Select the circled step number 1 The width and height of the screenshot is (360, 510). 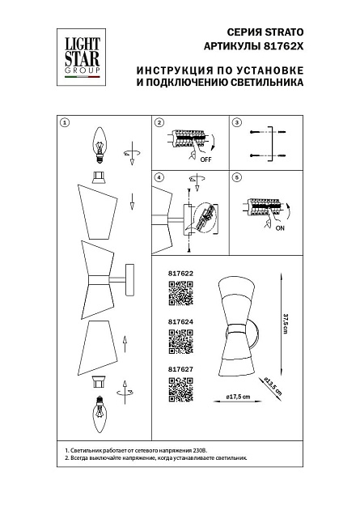(66, 123)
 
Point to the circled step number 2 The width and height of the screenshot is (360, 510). (159, 123)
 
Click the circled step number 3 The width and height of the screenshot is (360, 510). (237, 123)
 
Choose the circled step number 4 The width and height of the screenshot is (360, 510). (159, 177)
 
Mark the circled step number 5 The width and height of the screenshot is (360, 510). (237, 177)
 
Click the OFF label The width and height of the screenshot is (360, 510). (205, 160)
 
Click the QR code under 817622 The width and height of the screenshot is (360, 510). (179, 298)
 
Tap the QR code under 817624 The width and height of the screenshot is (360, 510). (179, 344)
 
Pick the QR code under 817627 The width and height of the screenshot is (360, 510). (179, 390)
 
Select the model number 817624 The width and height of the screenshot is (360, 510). (180, 321)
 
